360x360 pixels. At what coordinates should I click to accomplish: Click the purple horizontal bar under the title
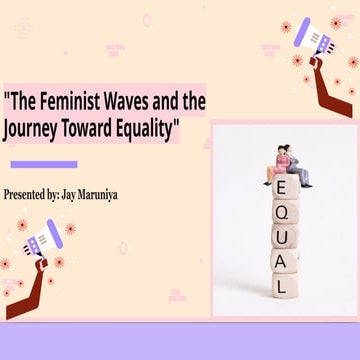43,164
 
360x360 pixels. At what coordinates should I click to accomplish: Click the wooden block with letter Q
284,214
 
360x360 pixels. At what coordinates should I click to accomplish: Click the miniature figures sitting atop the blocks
285,162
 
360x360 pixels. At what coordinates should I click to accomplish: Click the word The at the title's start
27,100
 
